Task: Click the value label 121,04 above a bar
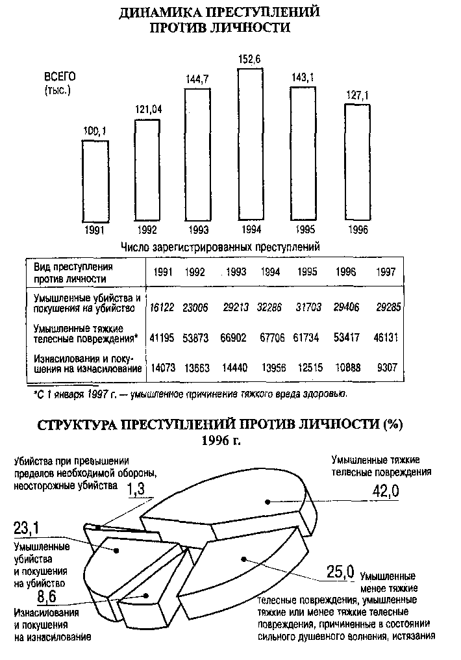pos(147,109)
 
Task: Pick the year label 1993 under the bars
pos(198,230)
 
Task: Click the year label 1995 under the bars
pos(303,230)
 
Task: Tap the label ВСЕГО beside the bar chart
pos(60,75)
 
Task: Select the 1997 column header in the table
pos(386,272)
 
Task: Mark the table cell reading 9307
pos(387,368)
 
